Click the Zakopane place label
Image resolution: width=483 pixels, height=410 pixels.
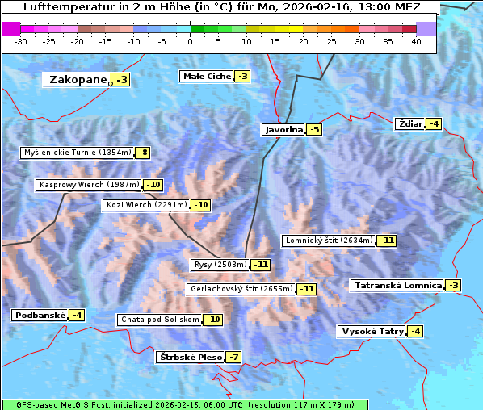78,79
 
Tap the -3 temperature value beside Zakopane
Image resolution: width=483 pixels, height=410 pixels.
121,80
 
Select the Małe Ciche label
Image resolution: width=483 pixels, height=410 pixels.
207,77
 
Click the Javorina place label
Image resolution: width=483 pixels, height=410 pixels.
283,129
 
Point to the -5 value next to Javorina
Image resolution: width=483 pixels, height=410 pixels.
314,130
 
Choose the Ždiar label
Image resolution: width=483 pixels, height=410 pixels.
409,123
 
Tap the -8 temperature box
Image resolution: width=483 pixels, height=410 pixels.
143,153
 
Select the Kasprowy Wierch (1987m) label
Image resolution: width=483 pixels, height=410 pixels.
89,185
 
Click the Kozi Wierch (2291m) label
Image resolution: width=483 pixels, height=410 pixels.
146,205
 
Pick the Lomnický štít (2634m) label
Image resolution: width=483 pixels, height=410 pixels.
329,240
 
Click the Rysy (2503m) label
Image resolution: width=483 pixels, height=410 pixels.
220,265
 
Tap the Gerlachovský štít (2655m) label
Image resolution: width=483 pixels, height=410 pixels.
240,288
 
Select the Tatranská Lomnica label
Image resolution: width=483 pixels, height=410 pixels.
397,285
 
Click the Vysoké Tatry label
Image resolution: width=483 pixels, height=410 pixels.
371,331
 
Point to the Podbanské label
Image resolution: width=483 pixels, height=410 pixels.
39,315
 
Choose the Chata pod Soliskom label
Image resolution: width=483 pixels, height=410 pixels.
158,320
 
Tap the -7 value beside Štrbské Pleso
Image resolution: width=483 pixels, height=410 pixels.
233,358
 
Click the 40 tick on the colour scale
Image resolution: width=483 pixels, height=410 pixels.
416,41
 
